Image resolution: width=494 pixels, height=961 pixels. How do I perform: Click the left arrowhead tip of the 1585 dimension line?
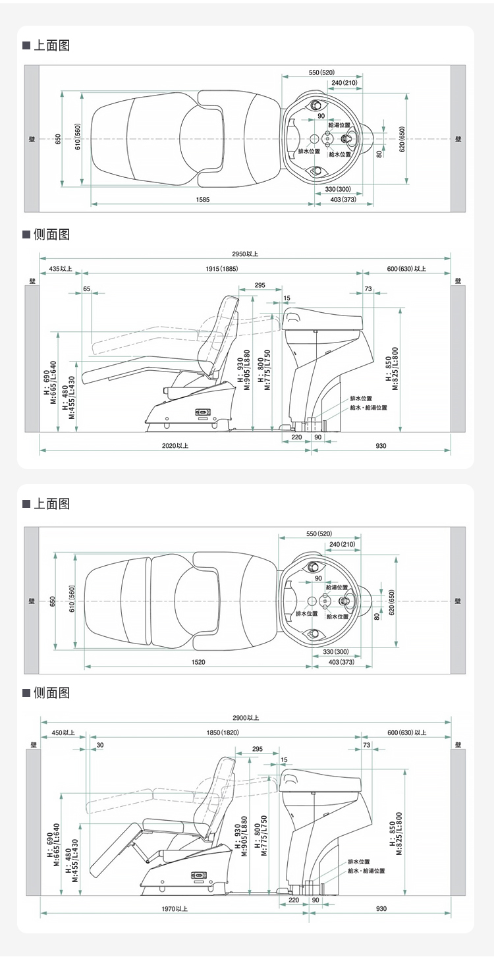92,204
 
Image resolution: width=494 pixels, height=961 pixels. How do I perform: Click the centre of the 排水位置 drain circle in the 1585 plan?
314,139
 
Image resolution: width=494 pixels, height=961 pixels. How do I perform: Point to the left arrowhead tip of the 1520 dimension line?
85,667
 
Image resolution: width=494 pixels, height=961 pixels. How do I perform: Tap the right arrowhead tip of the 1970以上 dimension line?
309,914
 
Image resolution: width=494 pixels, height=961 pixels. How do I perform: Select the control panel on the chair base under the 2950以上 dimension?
203,413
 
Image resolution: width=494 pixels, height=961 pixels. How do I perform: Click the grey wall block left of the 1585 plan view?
32,138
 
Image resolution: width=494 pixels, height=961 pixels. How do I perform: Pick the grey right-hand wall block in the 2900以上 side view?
458,823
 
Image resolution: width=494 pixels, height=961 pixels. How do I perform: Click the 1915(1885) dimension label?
221,269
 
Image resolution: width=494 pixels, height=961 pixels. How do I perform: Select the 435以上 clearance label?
61,269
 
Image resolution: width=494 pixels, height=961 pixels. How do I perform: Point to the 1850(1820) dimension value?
223,732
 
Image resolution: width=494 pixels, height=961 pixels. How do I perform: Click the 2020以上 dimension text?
175,446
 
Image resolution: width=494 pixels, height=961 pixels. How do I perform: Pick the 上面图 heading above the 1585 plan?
52,45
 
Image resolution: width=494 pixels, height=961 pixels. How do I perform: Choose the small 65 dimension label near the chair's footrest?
87,288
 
